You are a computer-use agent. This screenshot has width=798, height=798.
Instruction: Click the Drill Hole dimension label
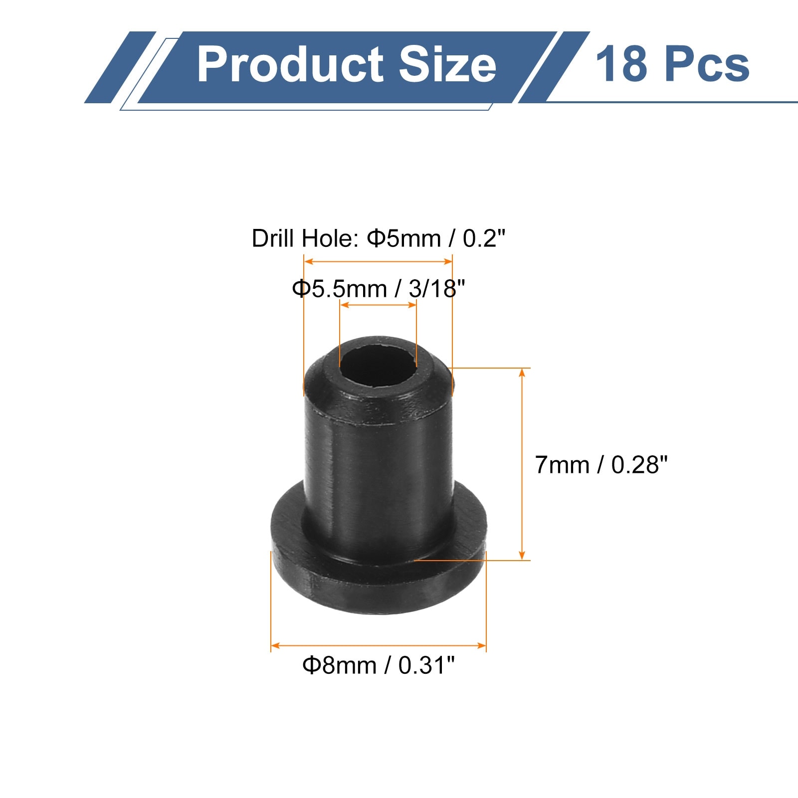(379, 238)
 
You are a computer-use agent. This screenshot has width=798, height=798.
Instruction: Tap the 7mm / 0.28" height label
(601, 465)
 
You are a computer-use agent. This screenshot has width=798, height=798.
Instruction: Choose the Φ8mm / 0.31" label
(379, 665)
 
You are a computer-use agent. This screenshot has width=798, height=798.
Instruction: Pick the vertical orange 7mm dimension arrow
(522, 464)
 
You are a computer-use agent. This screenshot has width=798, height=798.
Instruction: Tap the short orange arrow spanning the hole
(378, 305)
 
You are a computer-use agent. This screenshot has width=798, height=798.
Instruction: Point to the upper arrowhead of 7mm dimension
(522, 372)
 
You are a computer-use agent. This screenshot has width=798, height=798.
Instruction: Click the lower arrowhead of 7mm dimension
(522, 556)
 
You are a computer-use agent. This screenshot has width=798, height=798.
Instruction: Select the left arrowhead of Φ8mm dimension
(275, 646)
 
